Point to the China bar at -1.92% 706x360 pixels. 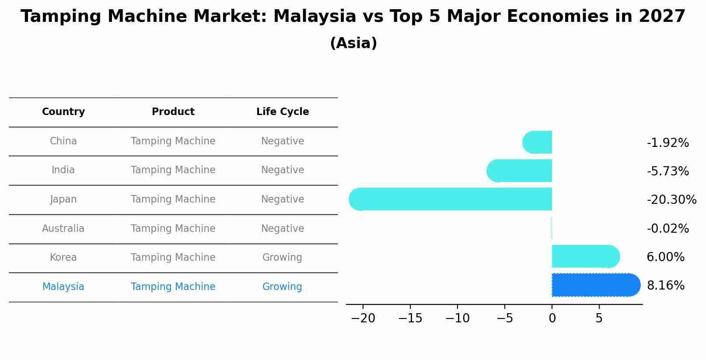point(538,142)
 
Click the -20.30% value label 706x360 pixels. point(671,200)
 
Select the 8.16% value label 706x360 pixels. point(665,286)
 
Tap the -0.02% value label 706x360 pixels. point(668,228)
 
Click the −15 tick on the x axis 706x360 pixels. point(410,318)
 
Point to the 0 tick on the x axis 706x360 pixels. point(552,318)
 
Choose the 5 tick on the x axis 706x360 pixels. point(599,318)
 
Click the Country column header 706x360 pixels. point(63,112)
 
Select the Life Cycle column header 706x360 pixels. point(283,112)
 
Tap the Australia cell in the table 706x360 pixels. point(63,228)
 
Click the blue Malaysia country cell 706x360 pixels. point(63,287)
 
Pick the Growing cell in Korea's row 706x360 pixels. point(282,257)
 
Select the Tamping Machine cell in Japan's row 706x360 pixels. point(173,199)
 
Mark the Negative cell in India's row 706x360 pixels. point(283,170)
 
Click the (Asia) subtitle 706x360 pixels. point(353,43)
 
